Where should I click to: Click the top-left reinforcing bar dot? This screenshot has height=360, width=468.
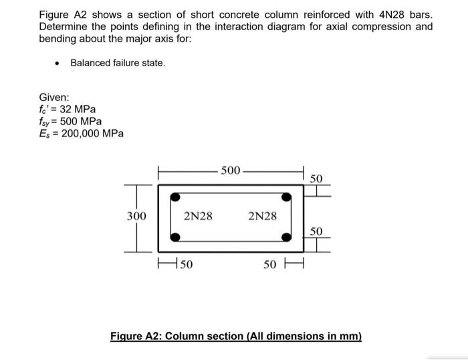pyautogui.click(x=175, y=197)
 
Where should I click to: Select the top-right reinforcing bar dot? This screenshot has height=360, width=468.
pyautogui.click(x=286, y=197)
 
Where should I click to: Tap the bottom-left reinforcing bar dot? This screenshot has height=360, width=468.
pyautogui.click(x=175, y=237)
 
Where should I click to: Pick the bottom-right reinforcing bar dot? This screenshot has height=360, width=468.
pyautogui.click(x=286, y=237)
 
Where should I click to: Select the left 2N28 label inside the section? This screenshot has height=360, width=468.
pyautogui.click(x=198, y=216)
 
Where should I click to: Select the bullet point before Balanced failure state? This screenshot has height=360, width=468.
pyautogui.click(x=58, y=64)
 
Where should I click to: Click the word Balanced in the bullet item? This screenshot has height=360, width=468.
pyautogui.click(x=91, y=63)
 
